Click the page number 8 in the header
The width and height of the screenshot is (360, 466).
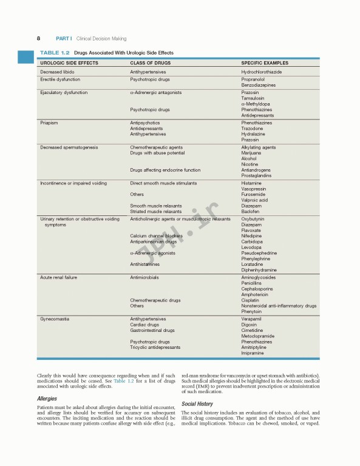click(39, 38)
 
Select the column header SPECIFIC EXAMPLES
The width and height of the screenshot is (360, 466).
click(264, 62)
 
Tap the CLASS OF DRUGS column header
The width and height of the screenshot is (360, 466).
click(151, 62)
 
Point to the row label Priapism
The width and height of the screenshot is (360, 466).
click(49, 123)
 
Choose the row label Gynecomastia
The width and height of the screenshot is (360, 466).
click(55, 319)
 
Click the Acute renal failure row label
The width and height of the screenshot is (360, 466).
click(58, 277)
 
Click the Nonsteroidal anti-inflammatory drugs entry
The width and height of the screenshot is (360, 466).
click(279, 306)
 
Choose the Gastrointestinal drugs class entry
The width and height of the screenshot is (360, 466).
click(152, 330)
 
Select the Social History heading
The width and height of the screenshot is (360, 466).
click(197, 404)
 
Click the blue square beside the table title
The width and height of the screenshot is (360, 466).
click(25, 56)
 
